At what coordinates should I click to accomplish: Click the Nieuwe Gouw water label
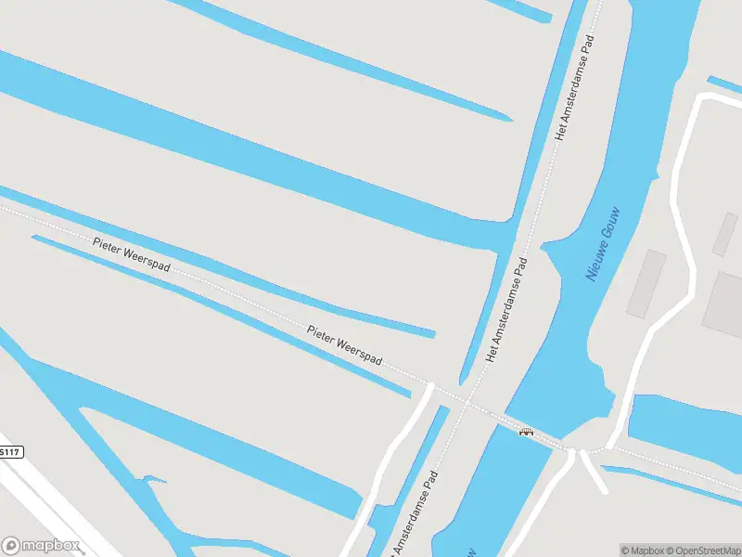click(x=603, y=243)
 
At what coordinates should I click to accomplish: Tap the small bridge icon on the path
click(x=526, y=432)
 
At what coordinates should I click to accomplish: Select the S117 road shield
click(x=8, y=451)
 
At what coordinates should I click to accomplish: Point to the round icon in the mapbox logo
click(x=11, y=546)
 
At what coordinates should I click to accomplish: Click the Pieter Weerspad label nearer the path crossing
click(x=345, y=345)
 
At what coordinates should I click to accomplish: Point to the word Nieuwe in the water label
click(x=595, y=263)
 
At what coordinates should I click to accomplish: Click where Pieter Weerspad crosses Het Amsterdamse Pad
click(x=466, y=401)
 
